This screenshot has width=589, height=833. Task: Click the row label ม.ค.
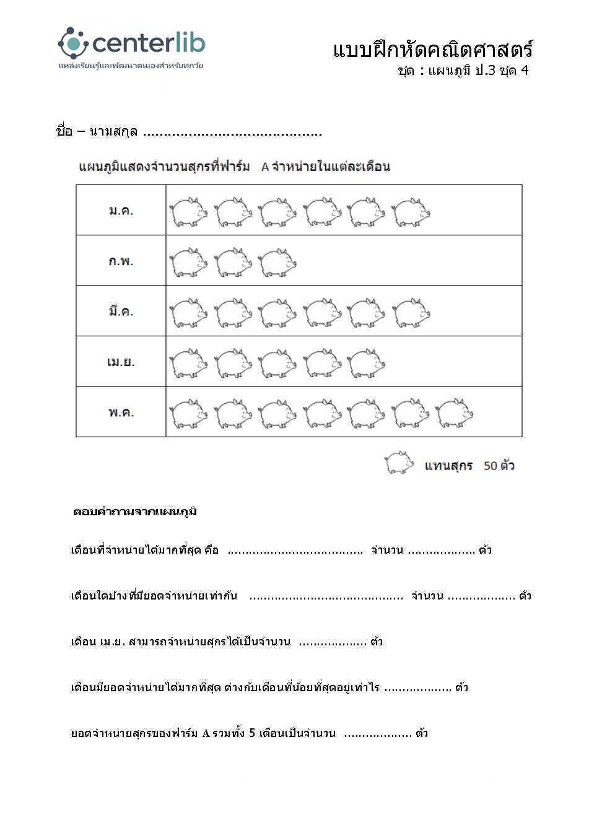click(121, 211)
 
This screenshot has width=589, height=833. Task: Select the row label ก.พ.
click(121, 261)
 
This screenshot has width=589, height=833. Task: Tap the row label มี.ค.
click(121, 311)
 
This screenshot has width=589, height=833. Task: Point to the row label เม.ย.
click(121, 362)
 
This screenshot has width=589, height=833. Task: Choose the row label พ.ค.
click(121, 412)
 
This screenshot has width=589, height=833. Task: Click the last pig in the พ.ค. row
click(455, 413)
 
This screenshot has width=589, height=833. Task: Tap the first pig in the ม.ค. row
click(189, 212)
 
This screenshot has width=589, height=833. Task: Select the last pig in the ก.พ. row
click(277, 262)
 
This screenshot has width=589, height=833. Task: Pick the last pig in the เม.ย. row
click(366, 363)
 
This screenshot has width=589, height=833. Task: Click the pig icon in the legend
click(399, 463)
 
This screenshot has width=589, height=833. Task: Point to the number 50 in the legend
click(491, 466)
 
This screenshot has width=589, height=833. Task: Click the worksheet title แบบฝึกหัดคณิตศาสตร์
click(432, 50)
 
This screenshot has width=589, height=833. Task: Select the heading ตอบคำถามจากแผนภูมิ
click(135, 512)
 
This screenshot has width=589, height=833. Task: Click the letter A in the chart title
click(265, 167)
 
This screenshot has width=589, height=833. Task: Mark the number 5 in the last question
click(252, 733)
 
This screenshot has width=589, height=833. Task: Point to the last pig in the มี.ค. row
click(411, 312)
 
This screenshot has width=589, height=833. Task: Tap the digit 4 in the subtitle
click(525, 70)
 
